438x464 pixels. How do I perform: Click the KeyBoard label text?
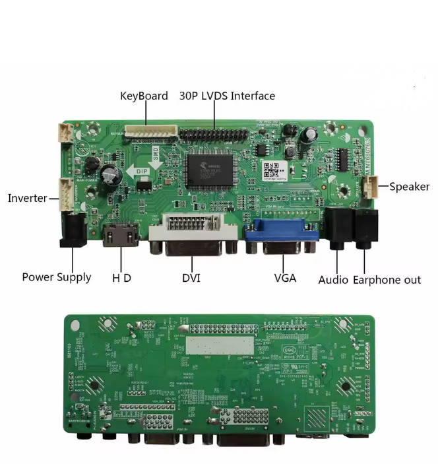coord(144,96)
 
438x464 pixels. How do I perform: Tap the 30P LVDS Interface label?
coord(227,96)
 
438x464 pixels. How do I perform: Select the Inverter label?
coord(27,198)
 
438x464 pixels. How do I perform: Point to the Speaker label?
coord(409,187)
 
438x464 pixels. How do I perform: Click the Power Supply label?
coord(57,277)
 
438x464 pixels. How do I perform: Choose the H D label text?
coord(121,278)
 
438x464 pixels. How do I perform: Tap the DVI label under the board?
coord(191,278)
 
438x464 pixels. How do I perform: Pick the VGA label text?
coord(285,278)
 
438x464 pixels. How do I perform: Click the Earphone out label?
coord(387,280)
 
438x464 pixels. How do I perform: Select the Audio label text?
coord(333,280)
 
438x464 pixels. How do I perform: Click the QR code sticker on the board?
coord(270,168)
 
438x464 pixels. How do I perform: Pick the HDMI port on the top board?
coord(121,236)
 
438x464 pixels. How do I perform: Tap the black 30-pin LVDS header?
coord(215,135)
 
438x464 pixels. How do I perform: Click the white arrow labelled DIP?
coord(141,171)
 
